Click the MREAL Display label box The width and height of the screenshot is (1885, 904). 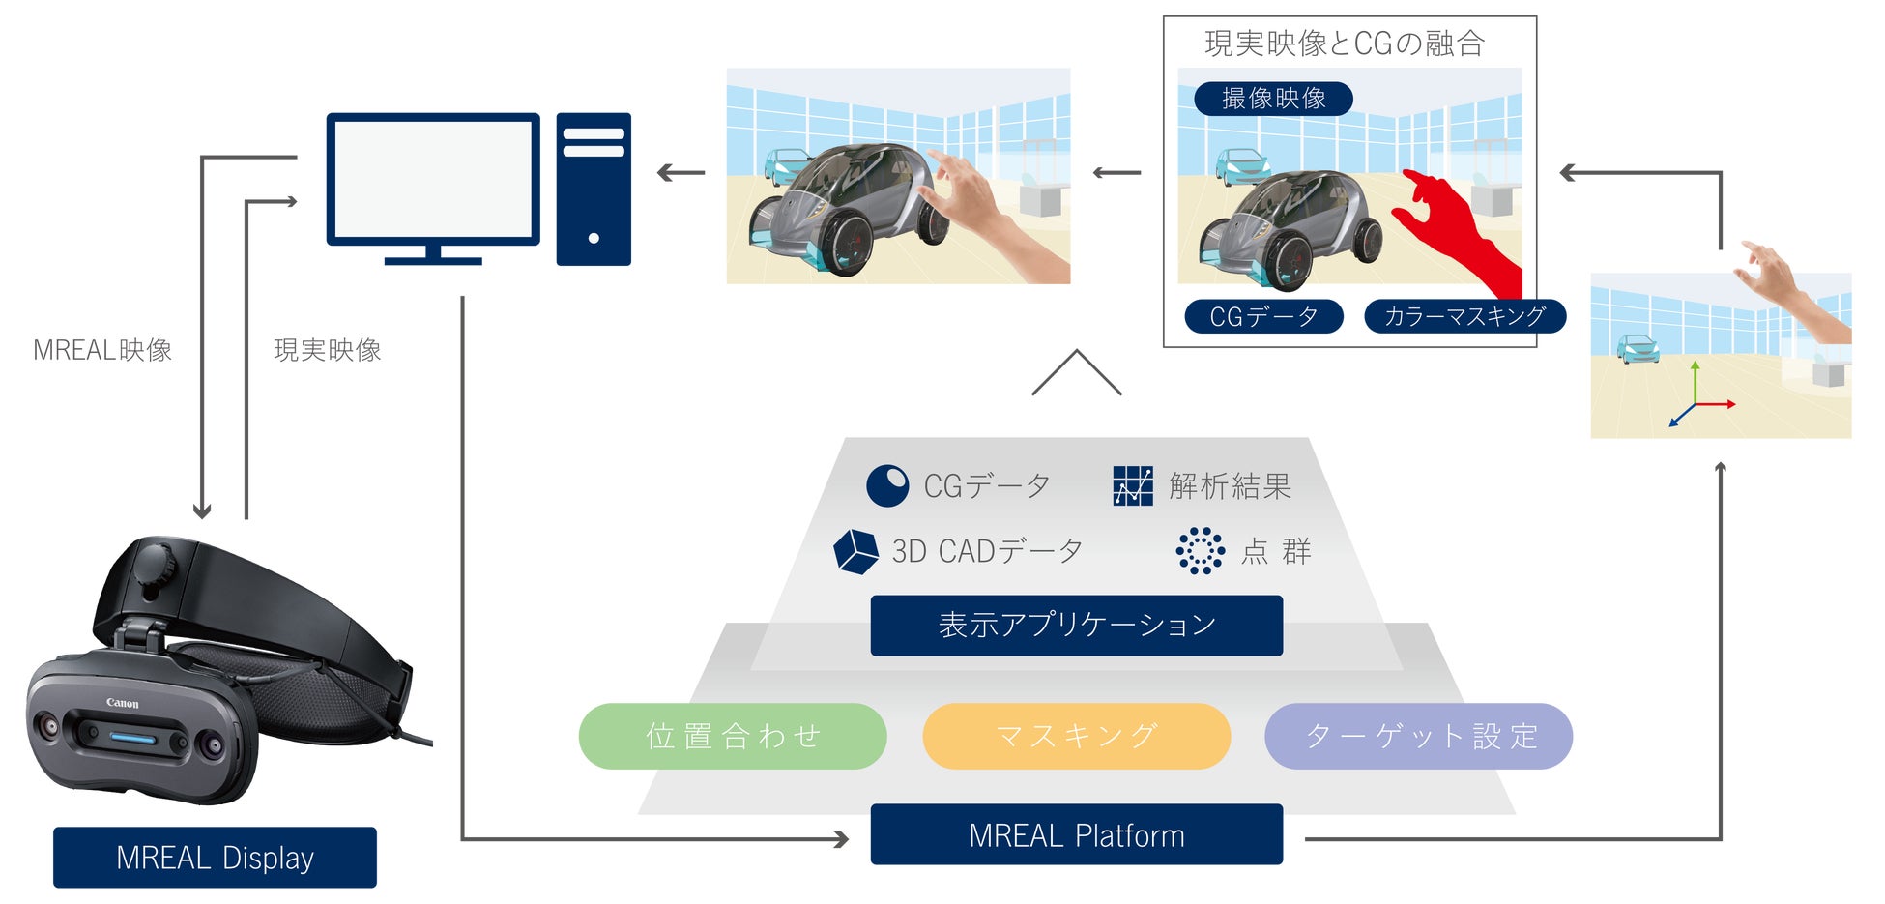pos(215,857)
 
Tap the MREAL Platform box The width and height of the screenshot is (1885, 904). pos(1076,834)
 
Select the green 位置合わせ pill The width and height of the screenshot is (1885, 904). pos(732,736)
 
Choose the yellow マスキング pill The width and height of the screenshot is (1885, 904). pos(1076,736)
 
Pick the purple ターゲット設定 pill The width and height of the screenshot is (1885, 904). pos(1418,736)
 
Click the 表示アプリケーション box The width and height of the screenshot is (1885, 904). pos(1076,626)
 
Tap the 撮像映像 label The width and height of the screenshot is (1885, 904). pos(1273,99)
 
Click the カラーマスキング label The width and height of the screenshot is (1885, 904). pos(1464,316)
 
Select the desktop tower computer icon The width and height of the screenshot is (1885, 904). pos(594,189)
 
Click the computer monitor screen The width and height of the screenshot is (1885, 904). pos(432,179)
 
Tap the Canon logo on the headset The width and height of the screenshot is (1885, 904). pos(123,703)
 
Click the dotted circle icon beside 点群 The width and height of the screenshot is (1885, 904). pos(1200,551)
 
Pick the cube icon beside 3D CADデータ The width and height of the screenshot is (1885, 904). pos(855,551)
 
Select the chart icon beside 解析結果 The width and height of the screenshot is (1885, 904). pos(1132,485)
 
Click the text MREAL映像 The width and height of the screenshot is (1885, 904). pos(102,350)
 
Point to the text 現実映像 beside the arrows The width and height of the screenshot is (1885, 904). pos(327,350)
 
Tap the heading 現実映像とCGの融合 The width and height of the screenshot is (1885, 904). pos(1344,44)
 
